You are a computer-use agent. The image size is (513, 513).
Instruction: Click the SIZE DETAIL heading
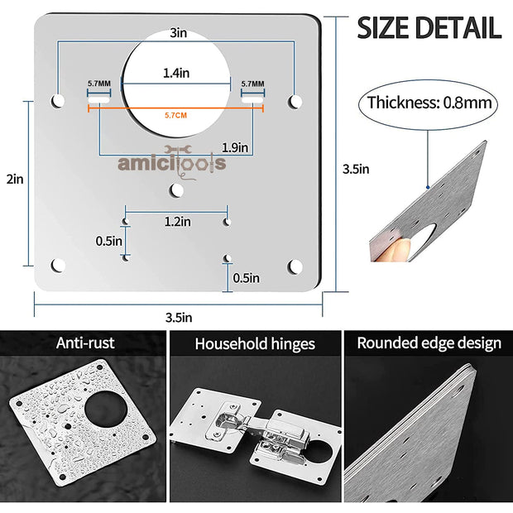coord(429,27)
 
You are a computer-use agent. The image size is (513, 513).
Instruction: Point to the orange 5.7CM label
coord(175,115)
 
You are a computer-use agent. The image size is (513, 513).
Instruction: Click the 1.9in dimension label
coord(235,147)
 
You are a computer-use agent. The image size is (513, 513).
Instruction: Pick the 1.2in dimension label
coord(176,222)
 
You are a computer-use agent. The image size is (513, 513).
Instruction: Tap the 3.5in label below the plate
coord(177,316)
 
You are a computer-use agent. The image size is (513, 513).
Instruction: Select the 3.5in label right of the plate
coord(356,169)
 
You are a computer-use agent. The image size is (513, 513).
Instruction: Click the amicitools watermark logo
coord(171,163)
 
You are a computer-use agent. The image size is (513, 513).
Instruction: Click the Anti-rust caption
coord(85,342)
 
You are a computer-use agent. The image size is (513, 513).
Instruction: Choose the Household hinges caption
coord(255,343)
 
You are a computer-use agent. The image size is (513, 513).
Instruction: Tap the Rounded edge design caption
coord(429,343)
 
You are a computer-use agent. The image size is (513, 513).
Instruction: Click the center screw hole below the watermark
coord(176,190)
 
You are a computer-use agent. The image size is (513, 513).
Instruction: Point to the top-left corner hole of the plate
coord(58,100)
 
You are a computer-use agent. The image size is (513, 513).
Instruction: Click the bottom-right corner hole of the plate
coord(295,266)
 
